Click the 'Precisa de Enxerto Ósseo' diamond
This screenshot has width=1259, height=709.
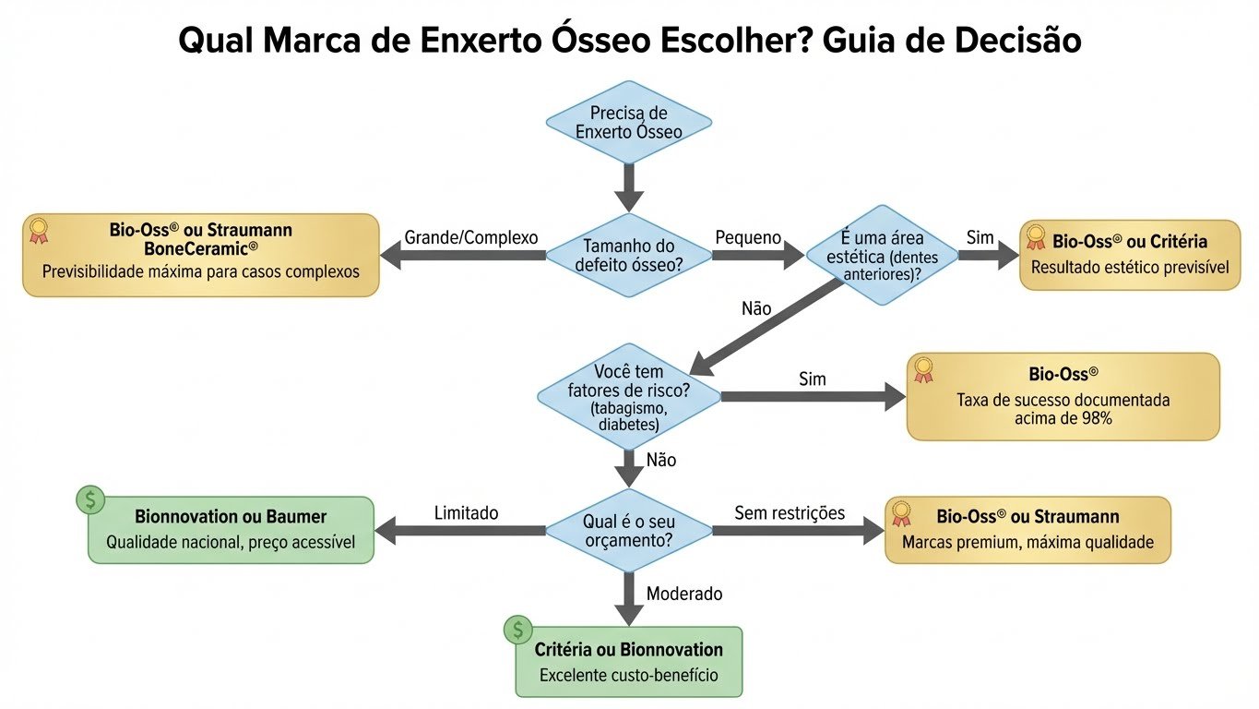[x=629, y=122]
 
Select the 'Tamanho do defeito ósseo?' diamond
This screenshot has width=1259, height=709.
[x=629, y=256]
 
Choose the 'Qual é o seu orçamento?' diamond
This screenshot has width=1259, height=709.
[x=629, y=530]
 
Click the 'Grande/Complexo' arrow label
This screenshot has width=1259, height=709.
[x=470, y=237]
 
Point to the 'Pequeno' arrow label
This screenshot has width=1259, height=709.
[x=748, y=237]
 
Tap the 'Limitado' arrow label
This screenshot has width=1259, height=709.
[x=466, y=512]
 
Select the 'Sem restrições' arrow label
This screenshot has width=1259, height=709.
[x=790, y=512]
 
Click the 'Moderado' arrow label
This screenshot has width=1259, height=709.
[x=684, y=594]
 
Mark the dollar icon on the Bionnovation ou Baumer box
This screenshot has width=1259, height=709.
[x=90, y=500]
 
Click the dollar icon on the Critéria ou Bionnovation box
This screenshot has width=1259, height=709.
[x=517, y=631]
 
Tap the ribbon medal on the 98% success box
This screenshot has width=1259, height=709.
[x=923, y=370]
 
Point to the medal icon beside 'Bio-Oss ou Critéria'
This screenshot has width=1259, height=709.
[x=1036, y=238]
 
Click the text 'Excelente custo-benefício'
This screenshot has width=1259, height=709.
[x=628, y=675]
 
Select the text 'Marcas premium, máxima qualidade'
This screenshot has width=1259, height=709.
[x=1027, y=542]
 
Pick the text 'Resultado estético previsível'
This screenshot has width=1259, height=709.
[x=1130, y=268]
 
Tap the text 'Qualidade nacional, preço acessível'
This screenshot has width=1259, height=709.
[x=231, y=542]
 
